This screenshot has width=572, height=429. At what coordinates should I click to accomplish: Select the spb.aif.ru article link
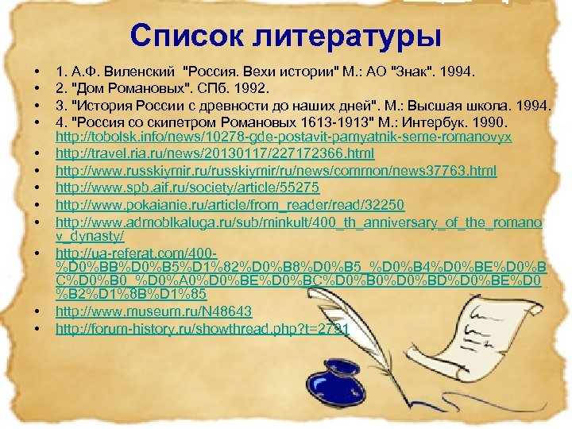187,187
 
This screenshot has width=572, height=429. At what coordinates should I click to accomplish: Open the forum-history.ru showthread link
203,327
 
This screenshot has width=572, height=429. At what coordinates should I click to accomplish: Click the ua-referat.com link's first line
126,251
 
